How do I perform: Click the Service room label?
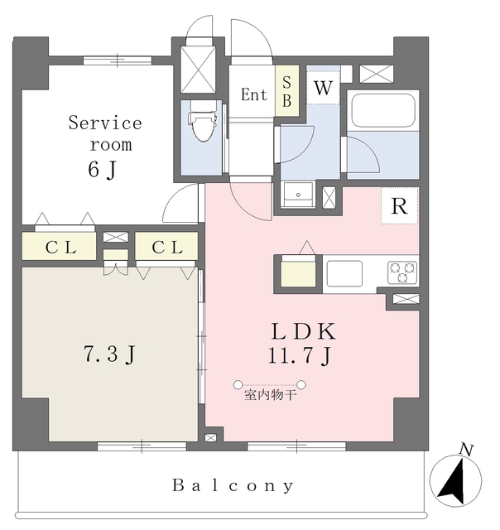click(x=104, y=132)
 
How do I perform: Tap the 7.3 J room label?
click(x=109, y=355)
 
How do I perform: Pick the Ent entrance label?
click(x=254, y=95)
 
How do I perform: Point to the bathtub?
click(x=382, y=110)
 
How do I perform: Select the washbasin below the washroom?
click(x=297, y=195)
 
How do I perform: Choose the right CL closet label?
click(x=166, y=246)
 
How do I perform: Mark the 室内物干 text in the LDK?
click(x=270, y=396)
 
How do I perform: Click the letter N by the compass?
click(x=467, y=450)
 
